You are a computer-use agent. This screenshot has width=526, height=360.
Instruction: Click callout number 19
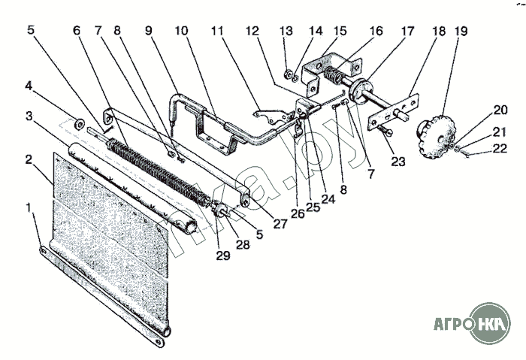(x=461, y=32)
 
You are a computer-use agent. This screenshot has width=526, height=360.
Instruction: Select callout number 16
(x=376, y=32)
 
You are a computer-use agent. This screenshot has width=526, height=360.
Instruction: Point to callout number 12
(x=252, y=32)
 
